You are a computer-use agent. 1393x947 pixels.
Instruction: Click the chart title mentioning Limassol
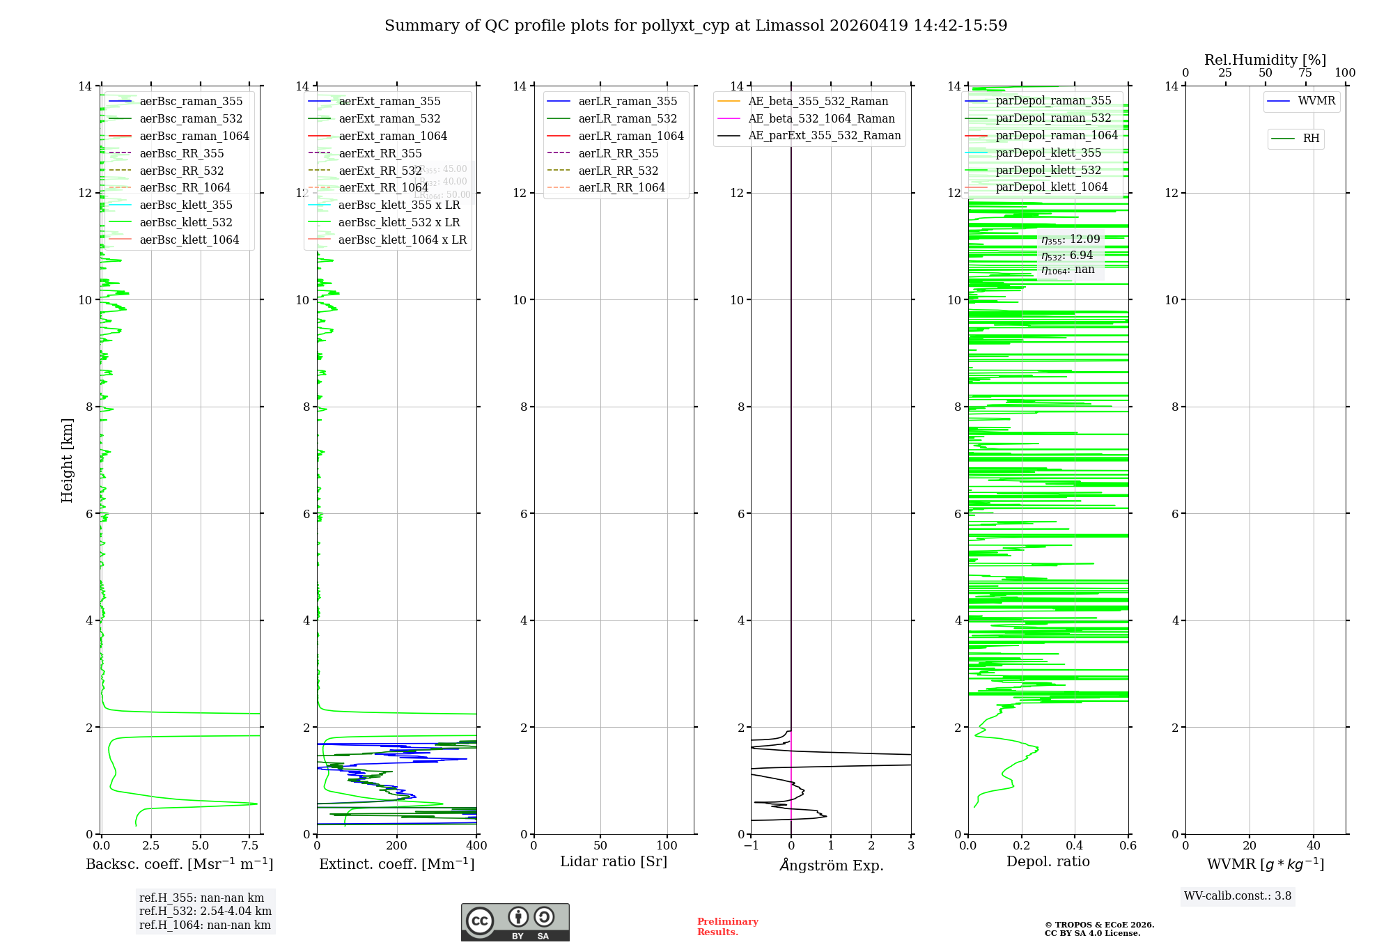[696, 26]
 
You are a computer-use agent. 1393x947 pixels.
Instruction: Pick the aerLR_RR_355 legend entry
[618, 154]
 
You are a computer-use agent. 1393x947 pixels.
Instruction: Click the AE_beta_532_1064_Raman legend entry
[821, 119]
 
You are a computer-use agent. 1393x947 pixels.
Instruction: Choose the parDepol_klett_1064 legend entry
[1051, 187]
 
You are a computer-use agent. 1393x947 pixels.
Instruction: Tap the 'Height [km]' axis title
[67, 460]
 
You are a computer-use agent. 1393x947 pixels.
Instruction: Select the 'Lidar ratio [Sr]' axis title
[614, 862]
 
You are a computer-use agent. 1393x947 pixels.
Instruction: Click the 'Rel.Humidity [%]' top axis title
[1265, 60]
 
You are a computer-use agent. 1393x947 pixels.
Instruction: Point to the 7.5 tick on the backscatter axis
[249, 846]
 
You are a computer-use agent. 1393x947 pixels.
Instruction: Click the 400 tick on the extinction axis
[476, 846]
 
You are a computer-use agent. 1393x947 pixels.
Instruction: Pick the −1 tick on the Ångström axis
[750, 846]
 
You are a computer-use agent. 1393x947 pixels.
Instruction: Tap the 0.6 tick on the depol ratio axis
[1128, 846]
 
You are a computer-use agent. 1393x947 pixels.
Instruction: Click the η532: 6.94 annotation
[1067, 256]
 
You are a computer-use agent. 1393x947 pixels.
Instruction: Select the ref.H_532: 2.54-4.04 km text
[205, 911]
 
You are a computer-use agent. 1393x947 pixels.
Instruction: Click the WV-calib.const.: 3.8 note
[1238, 896]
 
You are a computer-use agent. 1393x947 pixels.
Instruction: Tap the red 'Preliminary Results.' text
[727, 927]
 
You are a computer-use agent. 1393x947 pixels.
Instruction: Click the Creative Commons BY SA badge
[515, 923]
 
